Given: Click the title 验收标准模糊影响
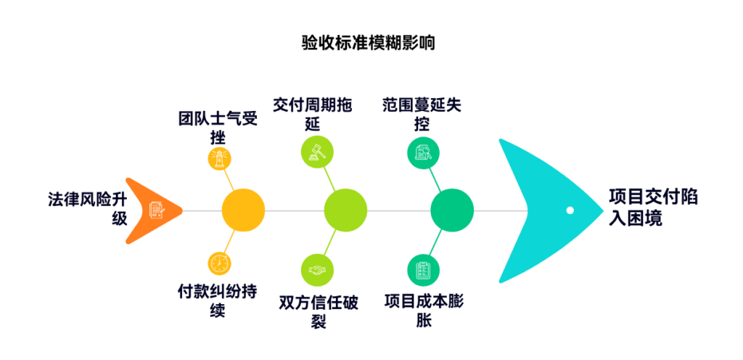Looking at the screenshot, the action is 368,43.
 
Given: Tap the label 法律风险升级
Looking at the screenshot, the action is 87,208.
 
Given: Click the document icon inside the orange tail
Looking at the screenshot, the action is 157,210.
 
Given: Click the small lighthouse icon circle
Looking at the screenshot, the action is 219,159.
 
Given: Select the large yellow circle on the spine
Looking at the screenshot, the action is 243,210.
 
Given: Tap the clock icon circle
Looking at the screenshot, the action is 219,263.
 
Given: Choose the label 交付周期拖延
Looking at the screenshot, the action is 312,114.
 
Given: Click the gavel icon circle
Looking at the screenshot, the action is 318,152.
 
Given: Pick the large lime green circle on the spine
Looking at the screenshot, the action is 345,210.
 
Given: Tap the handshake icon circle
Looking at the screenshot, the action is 318,270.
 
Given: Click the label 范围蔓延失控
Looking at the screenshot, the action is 422,114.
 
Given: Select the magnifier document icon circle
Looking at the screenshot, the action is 424,152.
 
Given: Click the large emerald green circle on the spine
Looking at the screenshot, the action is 452,210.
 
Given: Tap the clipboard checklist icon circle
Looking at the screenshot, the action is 424,270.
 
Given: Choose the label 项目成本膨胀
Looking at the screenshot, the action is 424,310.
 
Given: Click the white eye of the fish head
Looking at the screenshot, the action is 570,210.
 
